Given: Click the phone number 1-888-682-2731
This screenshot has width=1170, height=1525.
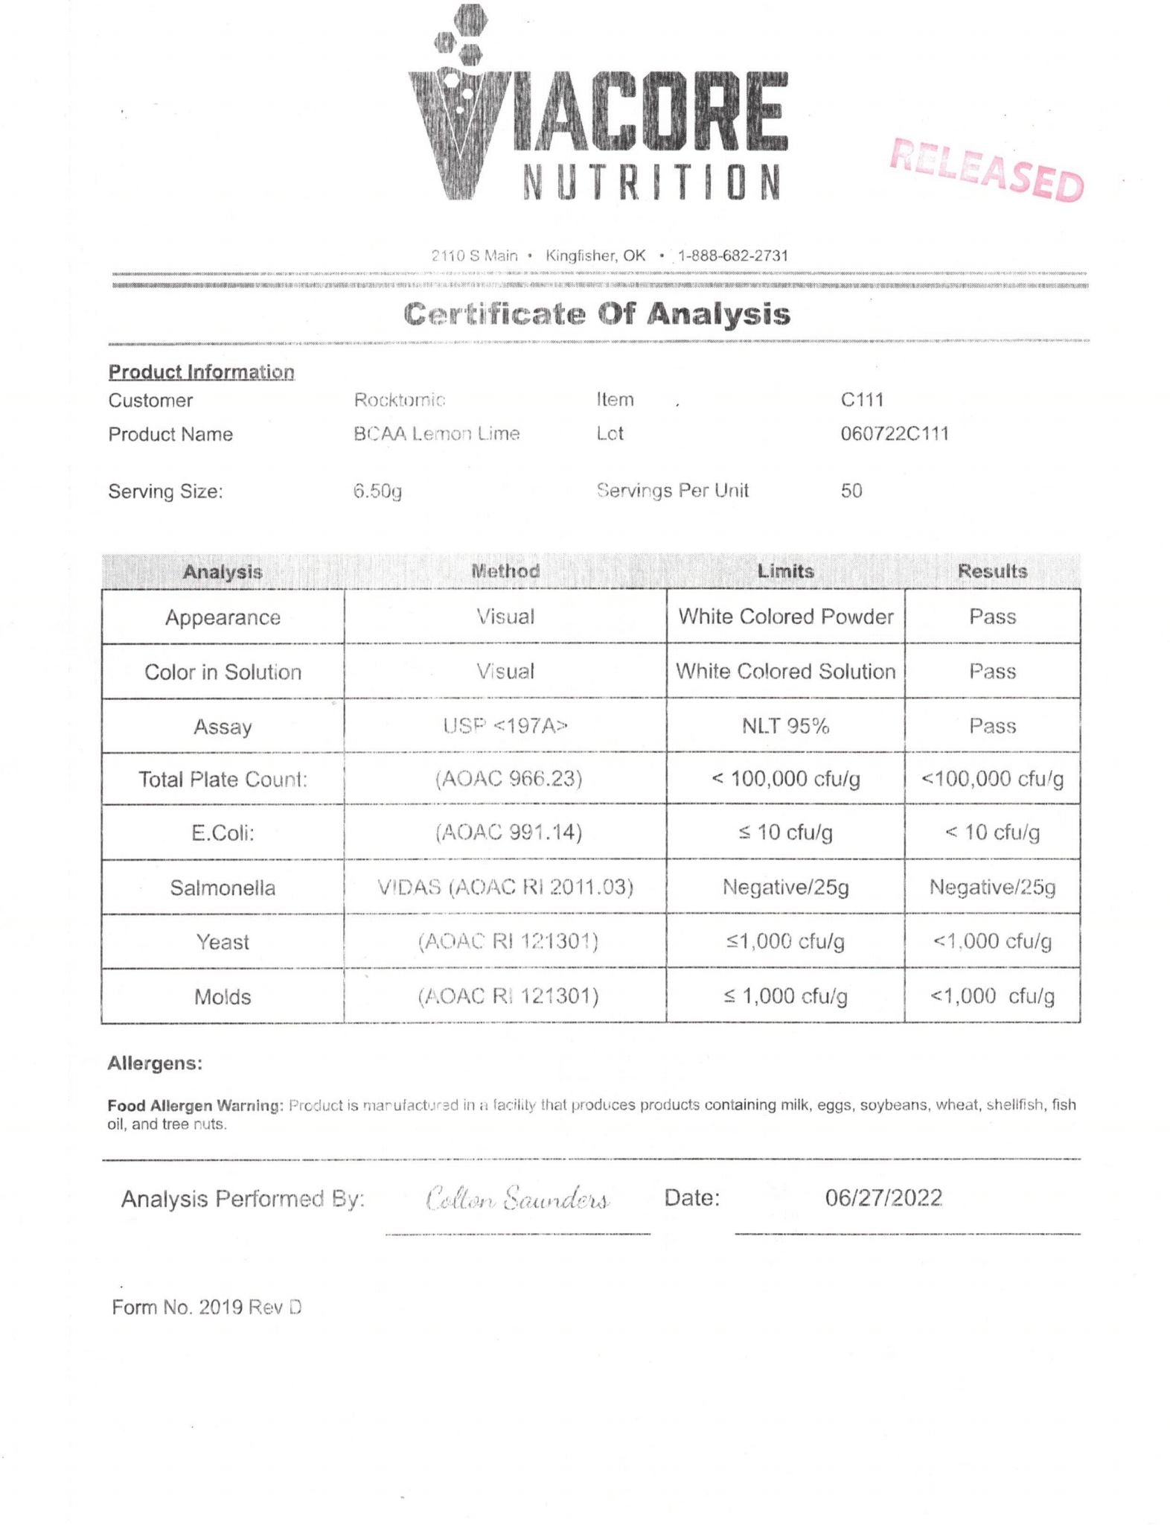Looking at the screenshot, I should click(x=732, y=255).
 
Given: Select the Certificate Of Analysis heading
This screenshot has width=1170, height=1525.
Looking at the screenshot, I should click(x=597, y=313).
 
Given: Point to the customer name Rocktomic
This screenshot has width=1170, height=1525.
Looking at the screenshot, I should click(x=400, y=400).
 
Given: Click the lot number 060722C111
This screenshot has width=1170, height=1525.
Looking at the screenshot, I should click(x=895, y=433).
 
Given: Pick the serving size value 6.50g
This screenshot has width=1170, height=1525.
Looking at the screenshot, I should click(x=378, y=491).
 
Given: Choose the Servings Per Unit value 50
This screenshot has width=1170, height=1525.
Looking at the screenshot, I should click(x=851, y=491).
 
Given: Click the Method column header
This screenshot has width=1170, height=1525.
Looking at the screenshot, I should click(x=505, y=571).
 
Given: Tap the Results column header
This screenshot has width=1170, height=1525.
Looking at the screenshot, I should click(x=992, y=571).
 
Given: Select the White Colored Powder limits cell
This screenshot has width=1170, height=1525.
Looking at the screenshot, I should click(x=785, y=617).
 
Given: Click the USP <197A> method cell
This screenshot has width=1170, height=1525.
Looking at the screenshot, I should click(x=505, y=725).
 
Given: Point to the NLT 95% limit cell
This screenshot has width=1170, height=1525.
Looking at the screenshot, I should click(x=785, y=725).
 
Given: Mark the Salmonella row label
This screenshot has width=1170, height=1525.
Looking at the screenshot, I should click(x=223, y=888).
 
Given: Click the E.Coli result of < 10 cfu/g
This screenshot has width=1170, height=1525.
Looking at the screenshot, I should click(x=992, y=832).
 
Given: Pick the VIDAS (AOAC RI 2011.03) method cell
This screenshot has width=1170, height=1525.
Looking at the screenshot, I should click(x=505, y=887).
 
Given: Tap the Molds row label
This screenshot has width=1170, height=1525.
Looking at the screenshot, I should click(x=223, y=996).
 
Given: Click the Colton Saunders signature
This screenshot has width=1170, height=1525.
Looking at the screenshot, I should click(x=518, y=1199).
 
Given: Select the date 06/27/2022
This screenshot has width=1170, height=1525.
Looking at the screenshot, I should click(x=883, y=1198).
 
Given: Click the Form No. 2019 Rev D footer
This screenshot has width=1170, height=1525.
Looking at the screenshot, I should click(x=207, y=1307).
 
